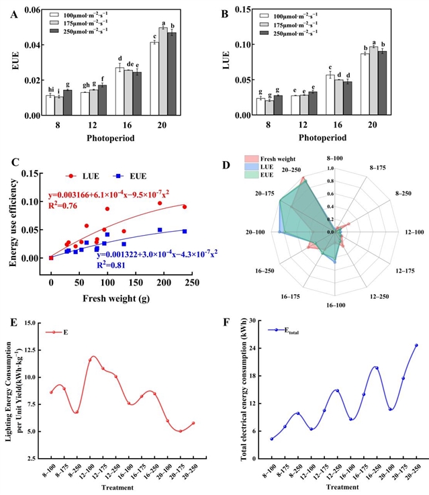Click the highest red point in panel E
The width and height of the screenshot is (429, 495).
pyautogui.click(x=91, y=358)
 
